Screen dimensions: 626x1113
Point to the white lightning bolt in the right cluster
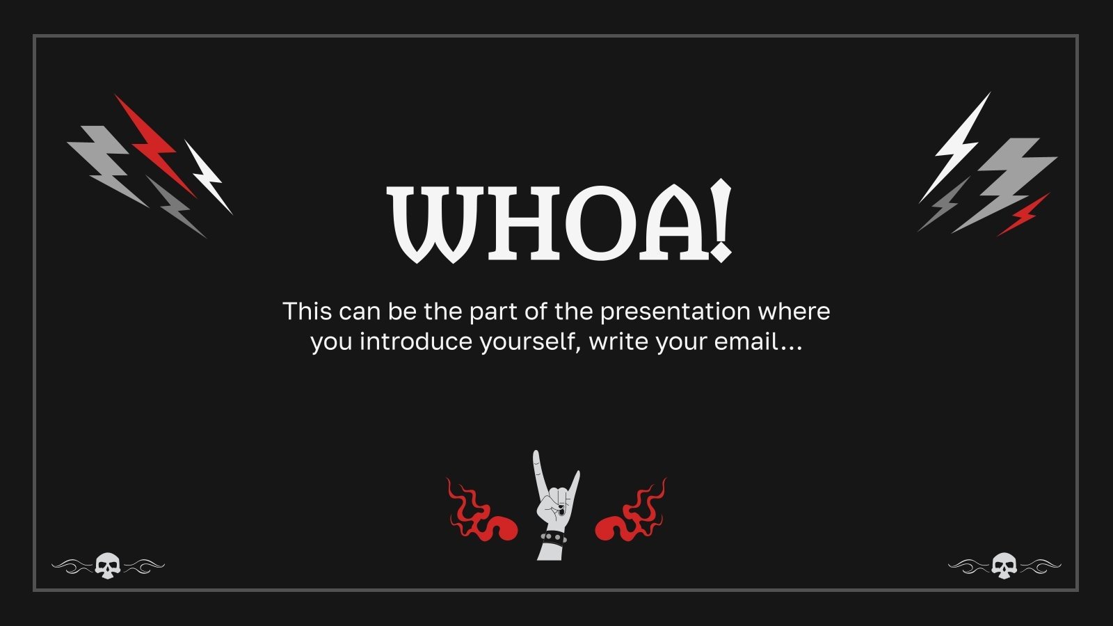coord(956,146)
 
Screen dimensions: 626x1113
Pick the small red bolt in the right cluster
coord(1023,215)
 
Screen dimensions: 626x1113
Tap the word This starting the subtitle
coord(307,311)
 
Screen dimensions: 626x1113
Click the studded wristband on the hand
coord(553,538)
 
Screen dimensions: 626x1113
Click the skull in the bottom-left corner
coord(107,565)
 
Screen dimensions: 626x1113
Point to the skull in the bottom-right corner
coord(1004,565)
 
